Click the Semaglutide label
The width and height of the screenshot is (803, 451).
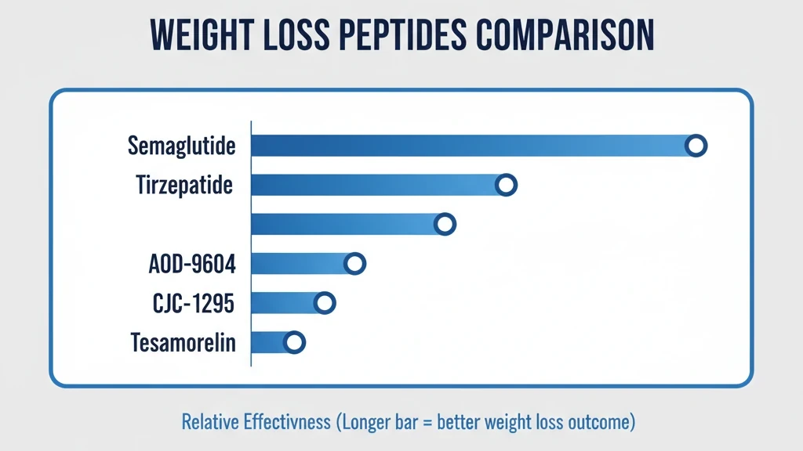coord(182,146)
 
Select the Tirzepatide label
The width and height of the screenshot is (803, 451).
coord(184,186)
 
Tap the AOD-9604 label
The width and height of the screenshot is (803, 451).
coord(192,264)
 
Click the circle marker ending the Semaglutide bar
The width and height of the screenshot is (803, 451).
coord(696,146)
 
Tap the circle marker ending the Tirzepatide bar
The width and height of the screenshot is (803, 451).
coord(507,186)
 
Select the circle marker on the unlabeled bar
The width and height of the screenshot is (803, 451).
coord(445,225)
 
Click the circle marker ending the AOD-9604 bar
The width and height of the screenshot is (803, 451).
coord(355,264)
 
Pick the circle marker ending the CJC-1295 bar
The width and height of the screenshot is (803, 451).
coord(325,303)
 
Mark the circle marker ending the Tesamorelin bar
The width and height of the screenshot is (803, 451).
coord(294,342)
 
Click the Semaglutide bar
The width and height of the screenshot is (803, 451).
coord(471,146)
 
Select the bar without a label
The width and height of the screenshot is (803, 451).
coord(345,225)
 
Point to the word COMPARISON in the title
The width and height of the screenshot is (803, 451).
coord(564,34)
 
